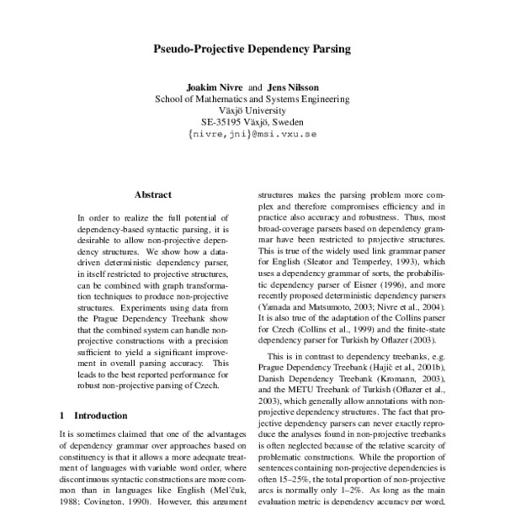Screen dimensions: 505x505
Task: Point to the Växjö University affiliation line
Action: pos(252,109)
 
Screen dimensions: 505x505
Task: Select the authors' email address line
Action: pos(252,133)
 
